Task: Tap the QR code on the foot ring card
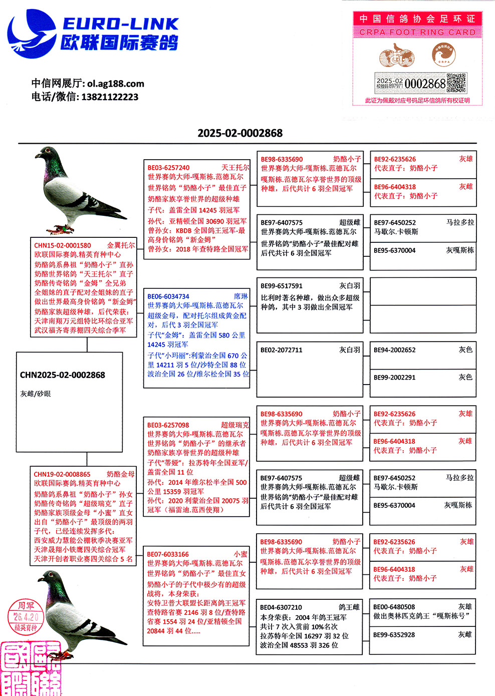(456, 83)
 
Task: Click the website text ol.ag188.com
(116, 84)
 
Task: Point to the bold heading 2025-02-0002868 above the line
(240, 133)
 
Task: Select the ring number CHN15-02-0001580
(63, 245)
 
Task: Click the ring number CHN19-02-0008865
(62, 474)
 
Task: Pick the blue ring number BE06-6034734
(168, 296)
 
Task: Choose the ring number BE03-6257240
(168, 168)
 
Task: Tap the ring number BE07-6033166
(168, 554)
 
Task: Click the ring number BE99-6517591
(282, 286)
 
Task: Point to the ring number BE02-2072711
(282, 350)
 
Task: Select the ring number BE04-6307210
(281, 607)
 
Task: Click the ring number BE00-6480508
(394, 607)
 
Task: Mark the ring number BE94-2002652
(395, 350)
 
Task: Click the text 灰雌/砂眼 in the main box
(36, 394)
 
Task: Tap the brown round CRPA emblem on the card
(444, 55)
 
